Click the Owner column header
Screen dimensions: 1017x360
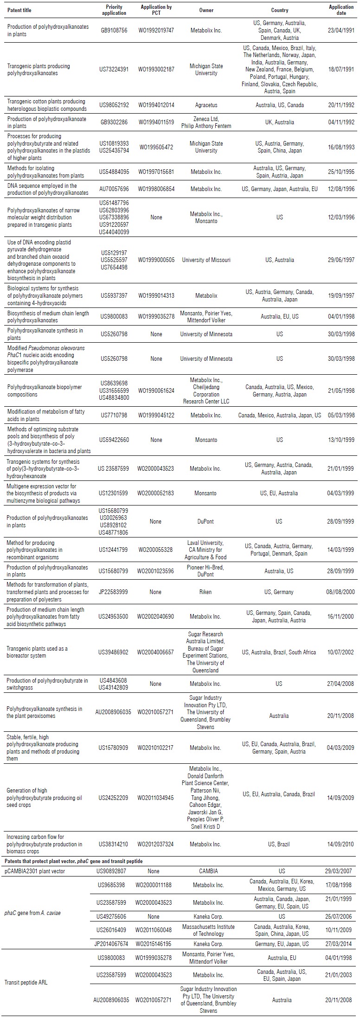(x=206, y=10)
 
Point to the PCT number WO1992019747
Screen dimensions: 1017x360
(x=157, y=31)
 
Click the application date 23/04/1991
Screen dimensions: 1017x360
(x=341, y=31)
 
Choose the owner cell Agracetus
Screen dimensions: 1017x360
(x=206, y=105)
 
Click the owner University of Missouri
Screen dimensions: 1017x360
(x=206, y=260)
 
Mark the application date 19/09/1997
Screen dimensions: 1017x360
(x=341, y=295)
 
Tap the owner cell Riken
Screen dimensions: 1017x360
(x=206, y=592)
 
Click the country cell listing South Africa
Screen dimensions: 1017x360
(x=279, y=652)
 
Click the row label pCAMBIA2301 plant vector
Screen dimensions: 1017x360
(x=36, y=871)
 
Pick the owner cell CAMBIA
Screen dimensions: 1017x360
(x=206, y=871)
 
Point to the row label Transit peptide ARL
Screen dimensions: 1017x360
(x=27, y=979)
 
